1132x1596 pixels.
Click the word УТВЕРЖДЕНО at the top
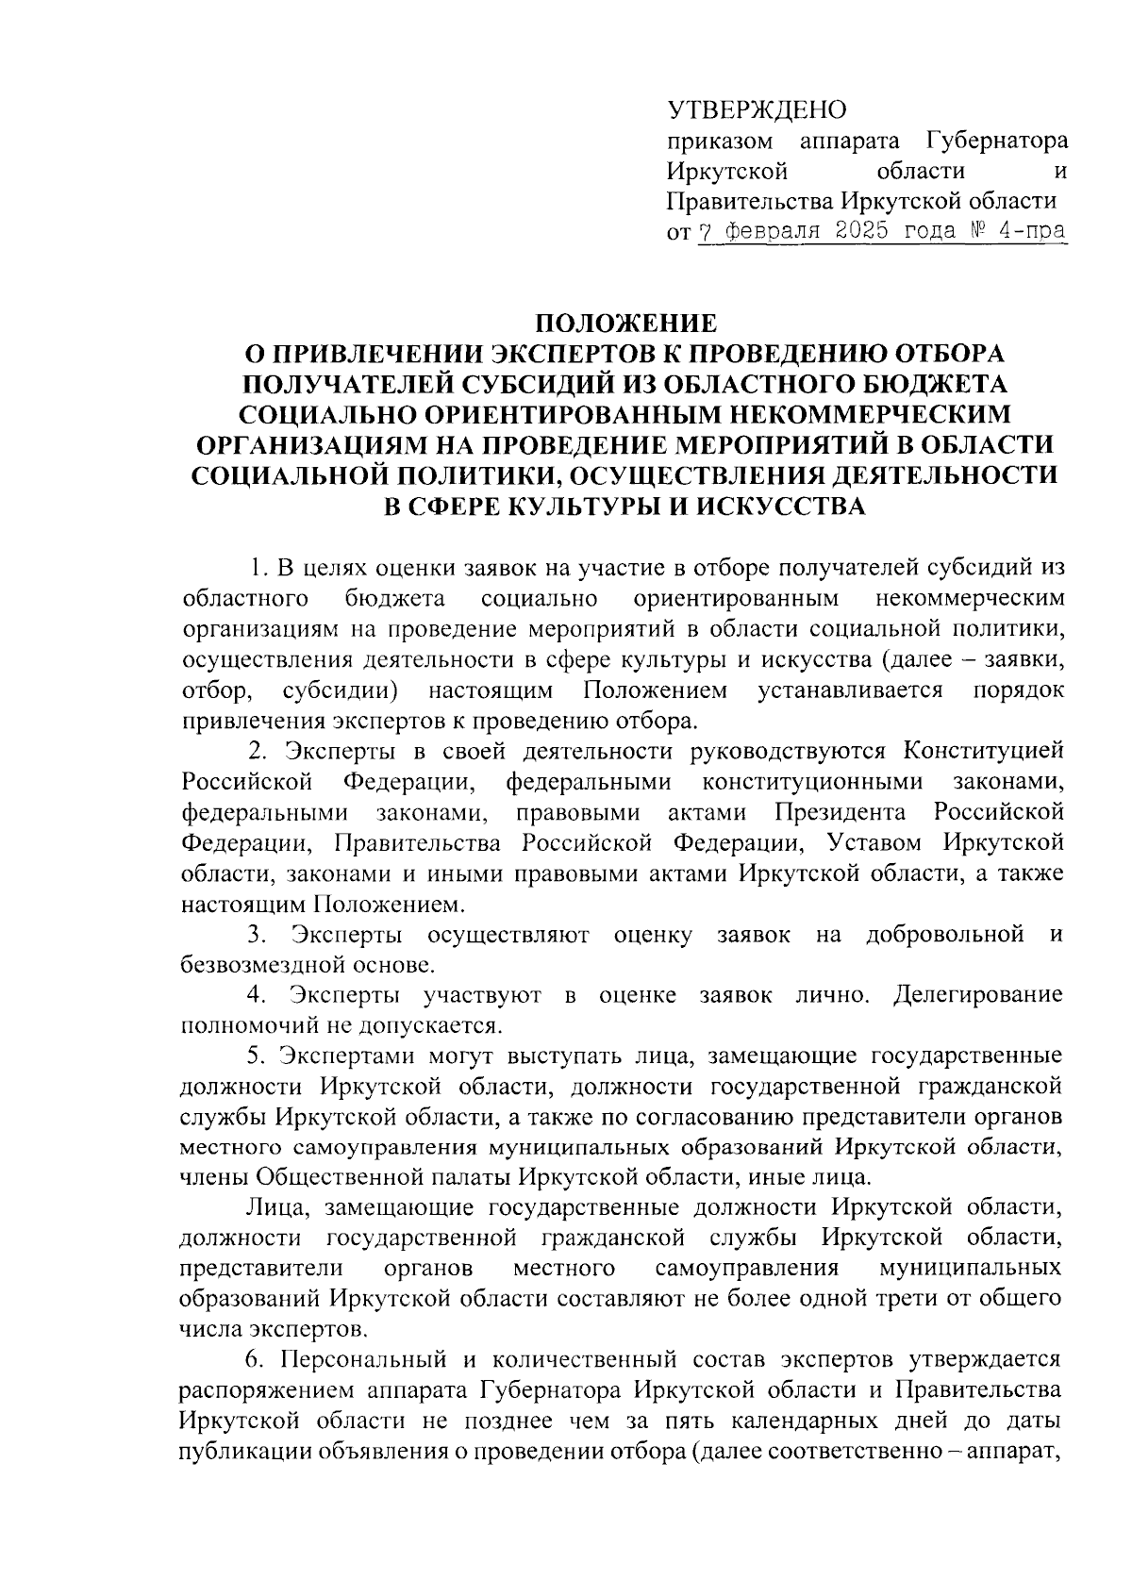click(x=757, y=110)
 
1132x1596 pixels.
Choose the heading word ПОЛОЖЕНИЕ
click(x=625, y=324)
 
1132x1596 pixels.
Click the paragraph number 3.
click(x=254, y=935)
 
